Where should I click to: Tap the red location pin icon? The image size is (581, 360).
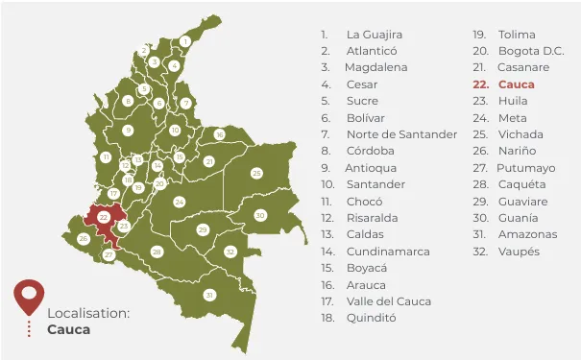[x=30, y=296]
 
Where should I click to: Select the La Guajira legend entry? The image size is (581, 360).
[x=375, y=35]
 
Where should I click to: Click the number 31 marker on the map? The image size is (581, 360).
[x=209, y=295]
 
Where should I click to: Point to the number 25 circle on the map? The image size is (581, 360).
[x=256, y=173]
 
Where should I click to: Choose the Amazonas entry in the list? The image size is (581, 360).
[x=527, y=234]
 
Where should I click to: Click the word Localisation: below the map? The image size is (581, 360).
[x=88, y=314]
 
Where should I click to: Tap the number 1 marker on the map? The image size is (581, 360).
[x=184, y=41]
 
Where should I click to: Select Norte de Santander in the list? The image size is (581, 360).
[x=401, y=134]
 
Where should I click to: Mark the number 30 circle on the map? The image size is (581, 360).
[x=260, y=216]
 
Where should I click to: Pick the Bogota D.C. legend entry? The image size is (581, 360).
[x=531, y=51]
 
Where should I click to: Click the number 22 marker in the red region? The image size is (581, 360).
[x=103, y=218]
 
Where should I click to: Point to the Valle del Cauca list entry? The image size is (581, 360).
[x=389, y=301]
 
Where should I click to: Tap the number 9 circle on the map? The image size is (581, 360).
[x=128, y=130]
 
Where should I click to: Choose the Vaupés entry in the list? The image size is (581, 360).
[x=520, y=252]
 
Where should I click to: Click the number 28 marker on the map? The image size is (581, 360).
[x=157, y=252]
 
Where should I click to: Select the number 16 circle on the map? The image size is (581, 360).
[x=219, y=134]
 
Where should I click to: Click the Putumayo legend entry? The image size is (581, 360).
[x=525, y=168]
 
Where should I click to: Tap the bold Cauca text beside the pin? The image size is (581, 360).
[x=68, y=329]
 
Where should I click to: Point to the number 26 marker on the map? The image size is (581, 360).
[x=84, y=238]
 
